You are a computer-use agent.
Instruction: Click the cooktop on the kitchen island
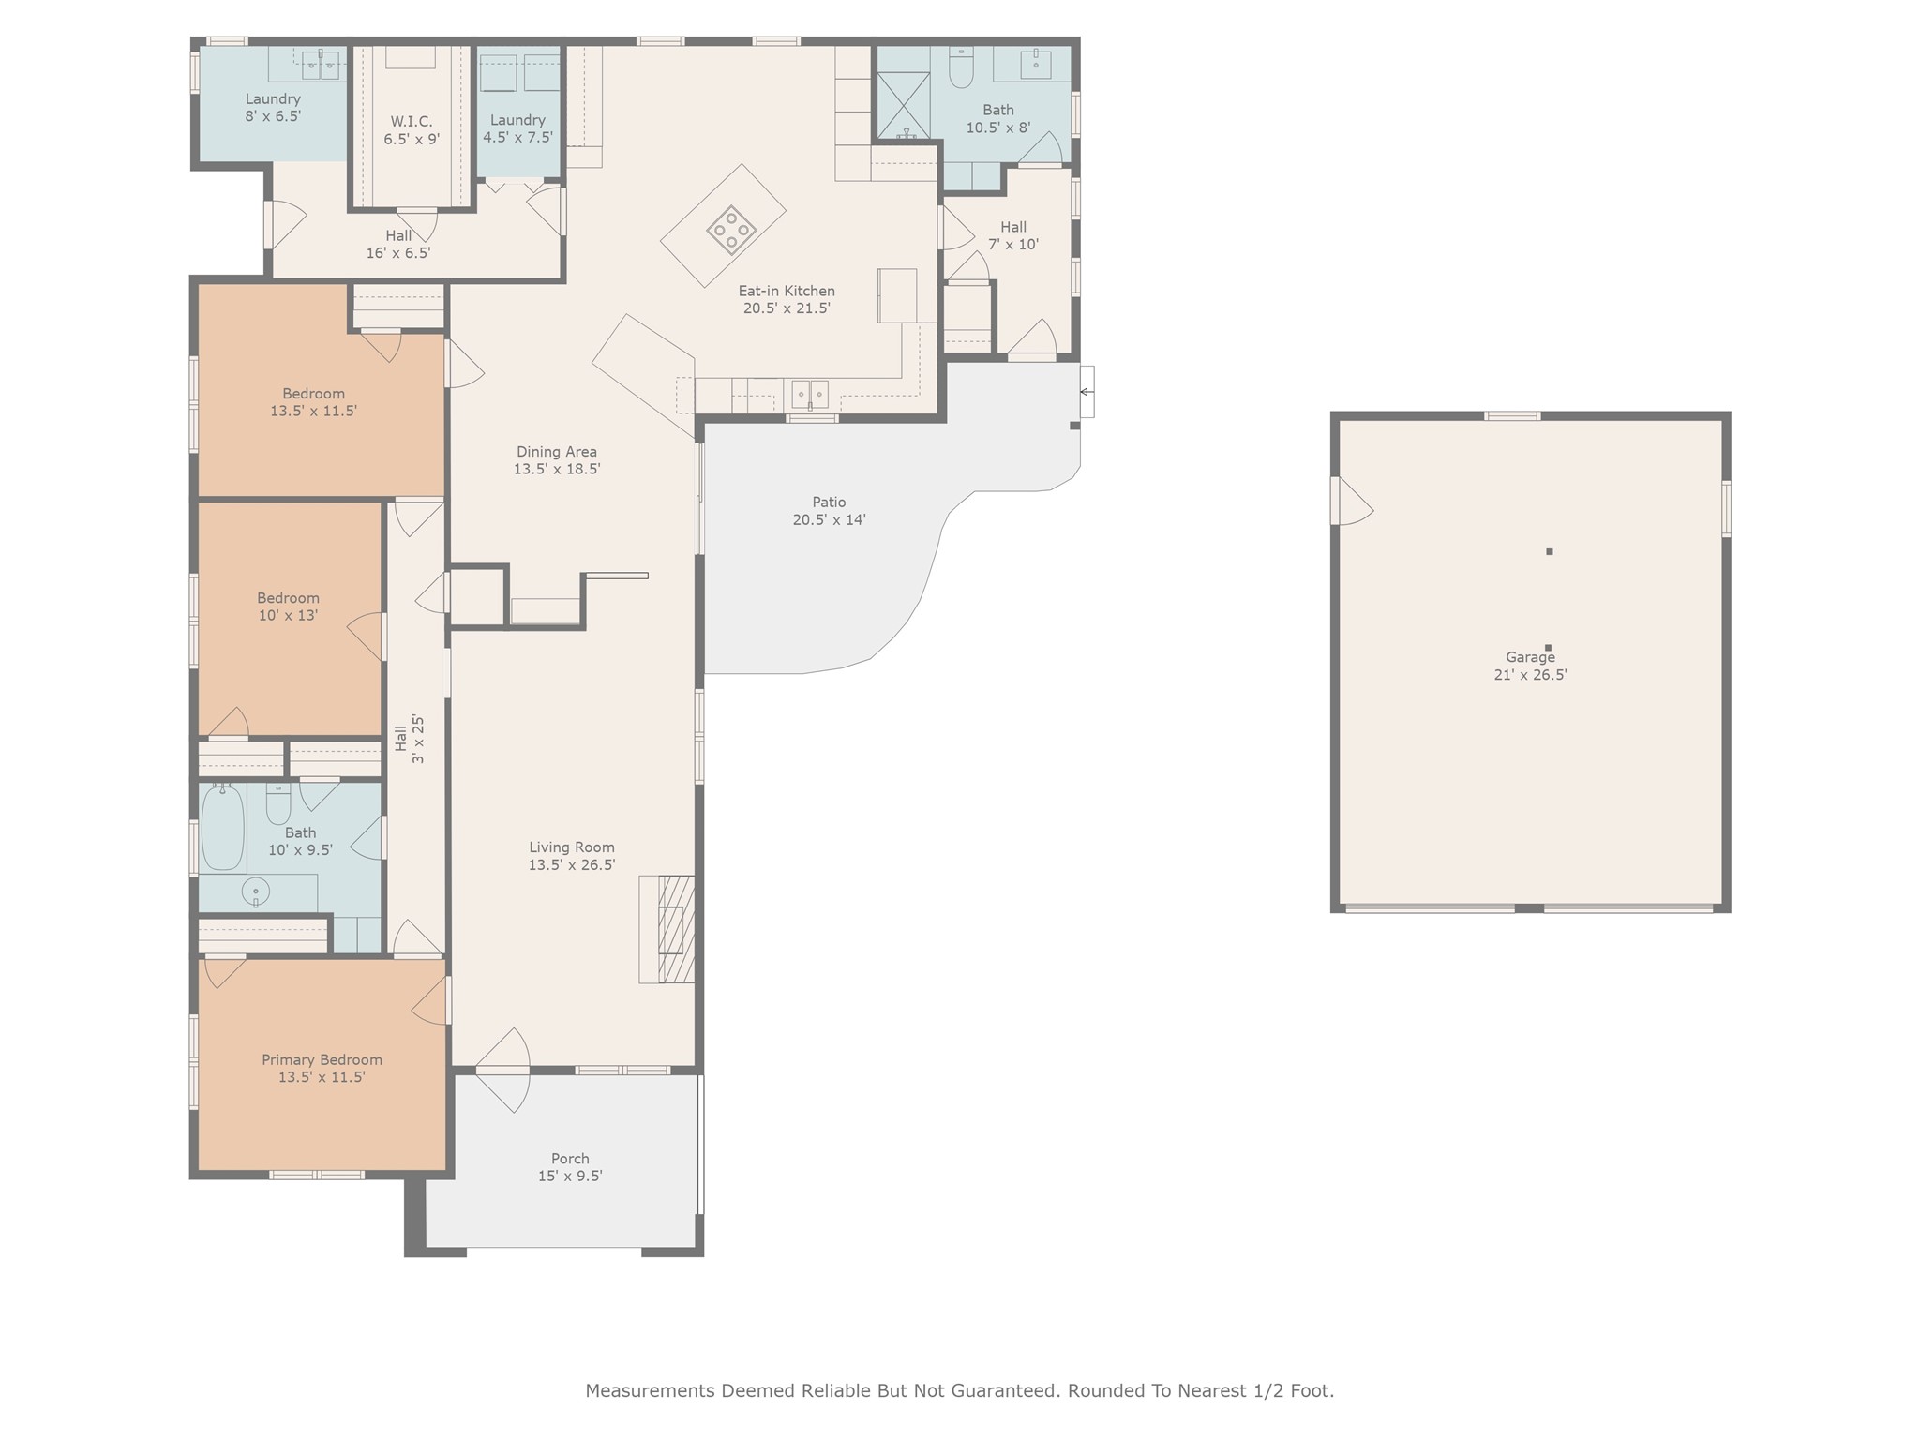pos(731,230)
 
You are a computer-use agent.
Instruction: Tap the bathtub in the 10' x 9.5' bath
pos(222,828)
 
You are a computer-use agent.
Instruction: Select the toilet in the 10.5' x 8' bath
pos(961,67)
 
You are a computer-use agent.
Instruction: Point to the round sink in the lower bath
pos(255,891)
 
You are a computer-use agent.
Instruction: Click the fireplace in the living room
pos(676,928)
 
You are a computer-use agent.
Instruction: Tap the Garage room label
pos(1530,657)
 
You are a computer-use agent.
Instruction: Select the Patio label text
pos(829,502)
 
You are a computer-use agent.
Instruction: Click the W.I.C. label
pos(412,121)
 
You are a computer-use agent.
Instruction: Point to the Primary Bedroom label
pos(322,1060)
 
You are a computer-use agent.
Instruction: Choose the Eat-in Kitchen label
pos(787,291)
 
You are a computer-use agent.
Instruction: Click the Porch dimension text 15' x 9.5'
pos(570,1176)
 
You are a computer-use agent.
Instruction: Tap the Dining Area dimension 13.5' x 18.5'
pos(557,469)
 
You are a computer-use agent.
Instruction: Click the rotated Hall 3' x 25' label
pos(410,739)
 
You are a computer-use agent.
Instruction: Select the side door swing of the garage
pos(1352,502)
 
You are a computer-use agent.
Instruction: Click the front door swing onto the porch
pos(502,1071)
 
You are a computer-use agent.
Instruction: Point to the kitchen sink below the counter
pos(810,394)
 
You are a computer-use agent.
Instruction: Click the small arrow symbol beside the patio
pos(1086,392)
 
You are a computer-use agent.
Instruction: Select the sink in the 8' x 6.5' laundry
pos(321,65)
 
